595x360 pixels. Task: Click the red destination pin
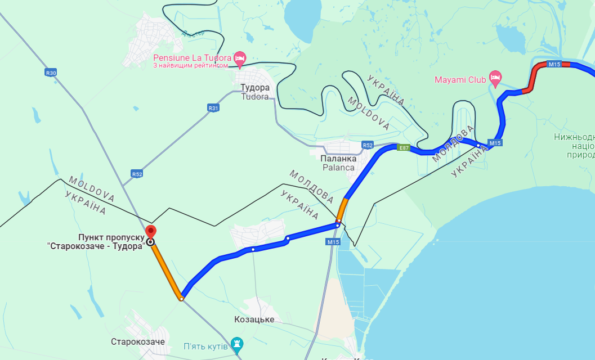150,231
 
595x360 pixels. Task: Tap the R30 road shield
51,73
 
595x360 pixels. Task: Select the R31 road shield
213,108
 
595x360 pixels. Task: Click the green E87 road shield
402,147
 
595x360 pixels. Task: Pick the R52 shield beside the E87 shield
368,145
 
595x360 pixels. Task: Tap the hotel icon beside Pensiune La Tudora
240,57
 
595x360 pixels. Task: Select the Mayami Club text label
460,80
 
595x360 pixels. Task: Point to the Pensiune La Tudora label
193,58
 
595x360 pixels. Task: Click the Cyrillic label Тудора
255,87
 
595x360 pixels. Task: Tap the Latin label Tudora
255,96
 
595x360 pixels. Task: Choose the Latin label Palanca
338,168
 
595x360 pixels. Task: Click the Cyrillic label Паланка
338,159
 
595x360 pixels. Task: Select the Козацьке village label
254,319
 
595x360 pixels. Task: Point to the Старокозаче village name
138,341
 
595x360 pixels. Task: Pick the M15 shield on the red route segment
554,65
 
